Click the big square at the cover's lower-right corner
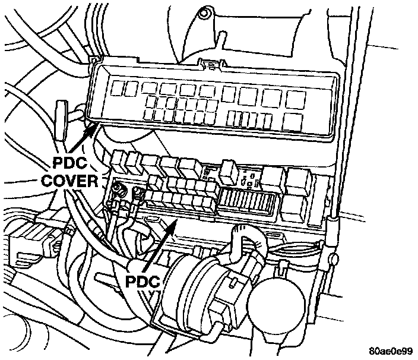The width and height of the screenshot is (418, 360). point(293,121)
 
